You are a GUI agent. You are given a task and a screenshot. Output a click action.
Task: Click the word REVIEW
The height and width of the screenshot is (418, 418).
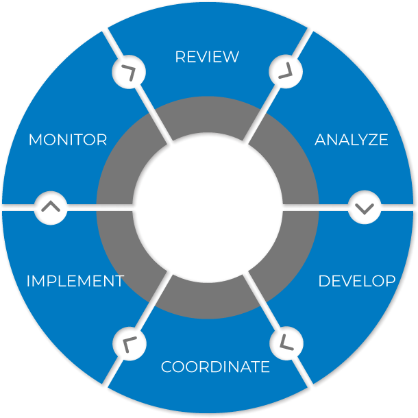pos(207,56)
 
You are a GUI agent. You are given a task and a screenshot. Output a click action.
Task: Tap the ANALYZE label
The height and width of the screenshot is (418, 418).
pos(351,140)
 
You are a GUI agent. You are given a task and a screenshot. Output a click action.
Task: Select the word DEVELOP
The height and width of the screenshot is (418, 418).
pos(356,281)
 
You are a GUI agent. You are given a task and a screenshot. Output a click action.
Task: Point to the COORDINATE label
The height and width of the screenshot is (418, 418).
pos(215,367)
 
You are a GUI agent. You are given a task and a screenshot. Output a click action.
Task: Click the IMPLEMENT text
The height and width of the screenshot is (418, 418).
pos(75,281)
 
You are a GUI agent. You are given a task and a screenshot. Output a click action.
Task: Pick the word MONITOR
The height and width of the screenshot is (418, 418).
pos(68,140)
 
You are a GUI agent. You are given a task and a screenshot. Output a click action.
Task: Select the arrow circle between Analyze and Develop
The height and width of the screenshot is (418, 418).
pos(365,207)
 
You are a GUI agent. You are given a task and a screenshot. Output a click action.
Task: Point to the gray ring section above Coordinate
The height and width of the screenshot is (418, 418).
pos(209,300)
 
